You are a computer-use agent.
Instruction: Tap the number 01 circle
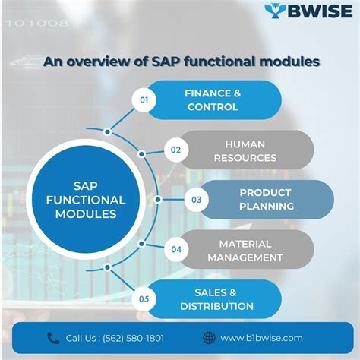[x=144, y=99]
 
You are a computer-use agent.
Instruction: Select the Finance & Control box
[x=212, y=99]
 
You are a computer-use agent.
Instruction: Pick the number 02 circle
[x=175, y=150]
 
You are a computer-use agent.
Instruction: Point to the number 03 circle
[x=196, y=200]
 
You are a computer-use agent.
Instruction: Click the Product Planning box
[x=266, y=200]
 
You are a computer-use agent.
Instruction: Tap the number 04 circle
[x=175, y=249]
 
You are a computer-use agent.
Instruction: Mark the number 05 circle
[x=144, y=298]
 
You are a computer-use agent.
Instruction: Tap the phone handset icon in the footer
[x=53, y=338]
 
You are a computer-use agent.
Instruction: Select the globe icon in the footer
[x=209, y=338]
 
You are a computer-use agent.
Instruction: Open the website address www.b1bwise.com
[x=262, y=338]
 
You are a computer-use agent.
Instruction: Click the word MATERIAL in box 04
[x=245, y=243]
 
